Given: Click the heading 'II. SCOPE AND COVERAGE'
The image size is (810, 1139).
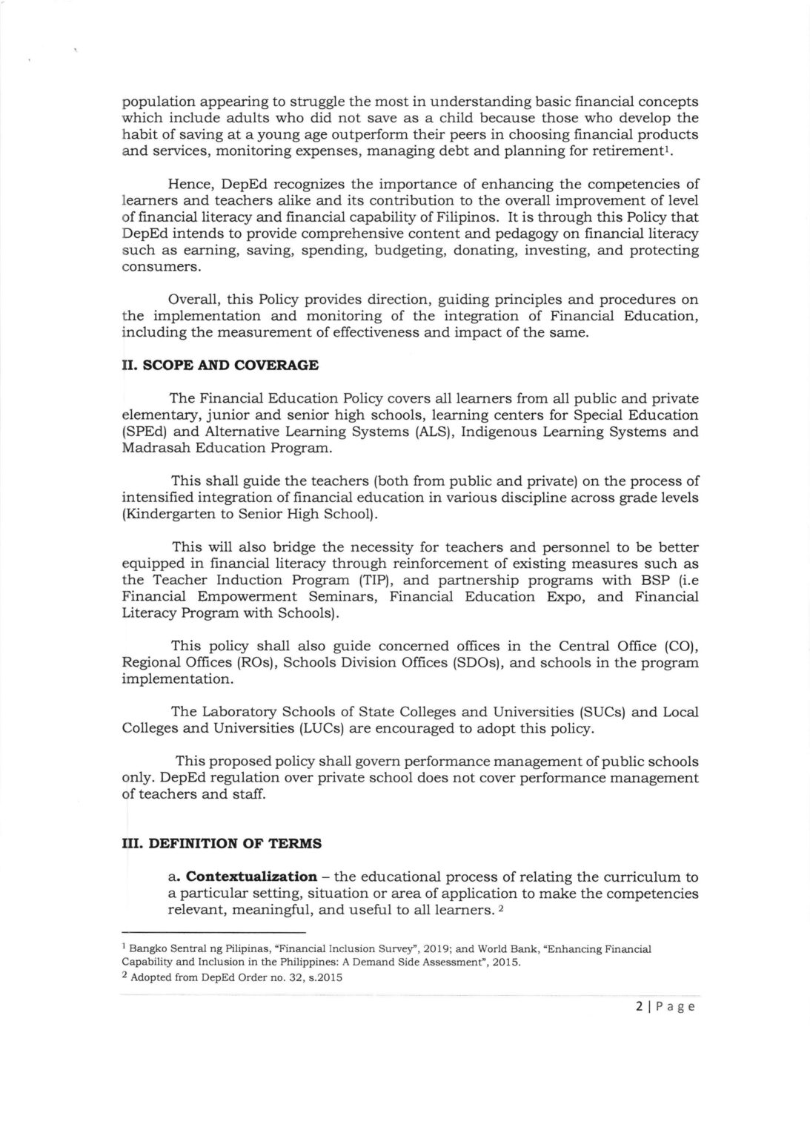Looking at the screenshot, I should [220, 366].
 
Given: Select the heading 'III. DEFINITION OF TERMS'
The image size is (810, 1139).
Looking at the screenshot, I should [222, 843].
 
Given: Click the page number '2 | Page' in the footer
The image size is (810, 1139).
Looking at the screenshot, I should [660, 1007].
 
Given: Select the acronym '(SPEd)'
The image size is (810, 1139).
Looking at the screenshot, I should [144, 432].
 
